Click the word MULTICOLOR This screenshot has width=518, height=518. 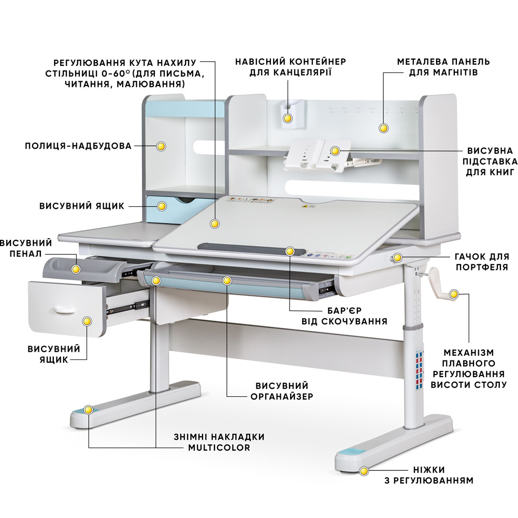point(219,448)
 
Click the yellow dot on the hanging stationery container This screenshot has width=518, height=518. point(287,118)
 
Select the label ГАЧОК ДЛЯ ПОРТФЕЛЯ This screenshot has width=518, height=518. point(482,262)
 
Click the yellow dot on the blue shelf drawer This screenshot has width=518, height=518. point(162,206)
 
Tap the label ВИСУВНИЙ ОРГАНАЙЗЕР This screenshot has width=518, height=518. point(282,391)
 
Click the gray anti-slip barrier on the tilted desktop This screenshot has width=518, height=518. point(251,249)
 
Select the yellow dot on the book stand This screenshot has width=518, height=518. point(335,151)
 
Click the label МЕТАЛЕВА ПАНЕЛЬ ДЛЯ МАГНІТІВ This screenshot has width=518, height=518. point(443,67)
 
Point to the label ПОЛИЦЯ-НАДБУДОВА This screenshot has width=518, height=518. point(78,146)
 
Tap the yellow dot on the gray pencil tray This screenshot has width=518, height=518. point(76,269)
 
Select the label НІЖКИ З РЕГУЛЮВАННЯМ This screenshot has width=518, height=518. point(429,475)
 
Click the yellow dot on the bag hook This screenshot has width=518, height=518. point(397,257)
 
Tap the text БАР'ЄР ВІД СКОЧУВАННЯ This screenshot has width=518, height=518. point(344,316)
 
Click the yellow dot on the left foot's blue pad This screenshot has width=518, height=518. point(88,410)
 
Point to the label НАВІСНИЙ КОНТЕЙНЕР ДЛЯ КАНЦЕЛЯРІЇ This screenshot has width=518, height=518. point(291,67)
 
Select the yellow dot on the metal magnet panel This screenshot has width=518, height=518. point(383,128)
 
